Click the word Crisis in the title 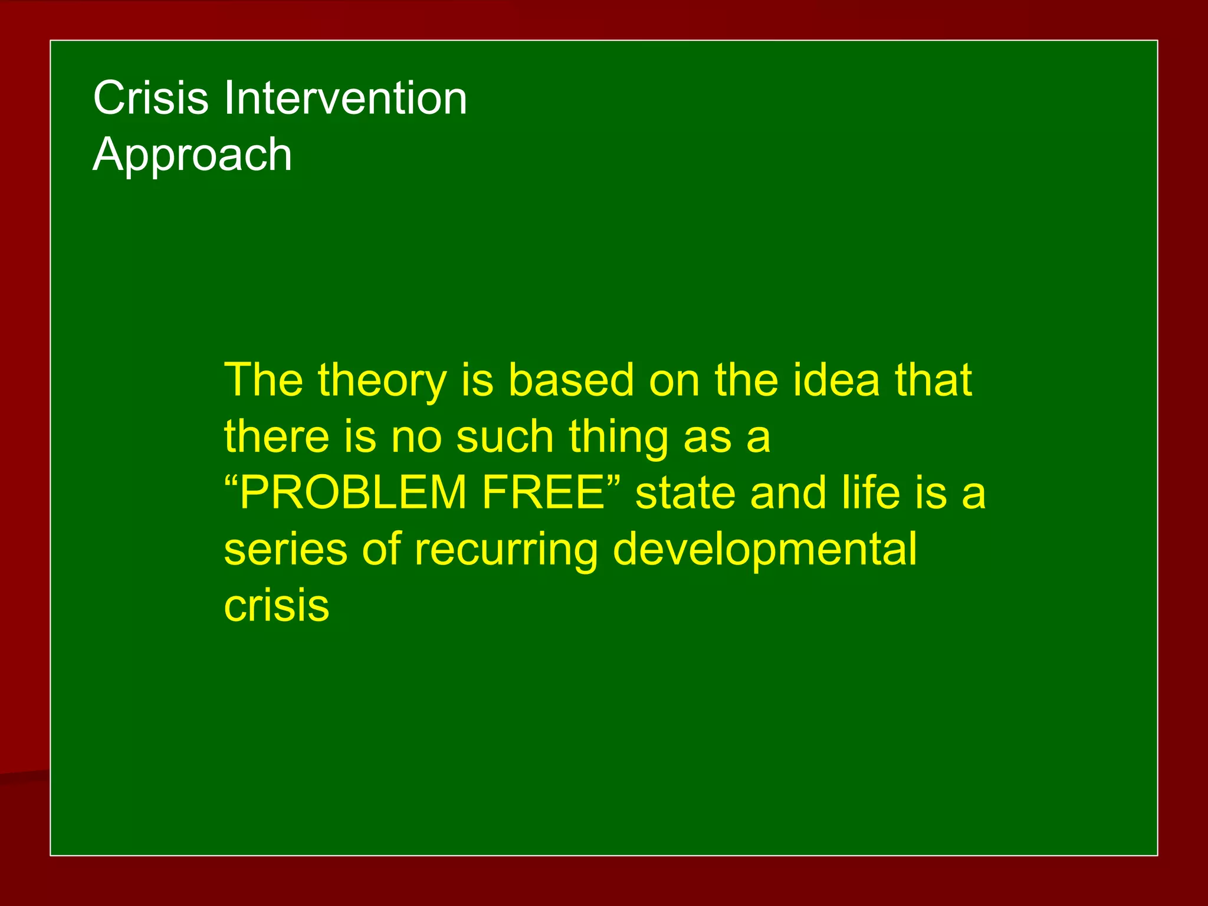(150, 98)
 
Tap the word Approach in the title (192, 155)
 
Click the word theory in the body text (382, 381)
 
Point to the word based (570, 380)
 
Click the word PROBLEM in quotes (353, 493)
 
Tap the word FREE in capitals (543, 493)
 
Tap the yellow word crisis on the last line (276, 606)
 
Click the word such (505, 436)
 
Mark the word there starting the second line (277, 436)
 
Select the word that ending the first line (933, 380)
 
